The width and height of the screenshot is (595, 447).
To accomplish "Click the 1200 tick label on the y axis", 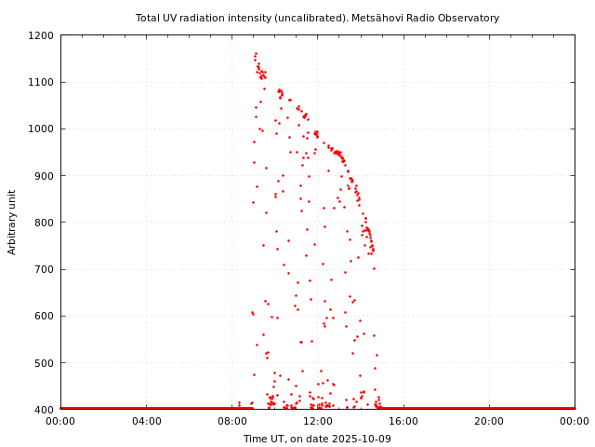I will click(42, 35).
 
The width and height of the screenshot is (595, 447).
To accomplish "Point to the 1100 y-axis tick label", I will click(42, 82).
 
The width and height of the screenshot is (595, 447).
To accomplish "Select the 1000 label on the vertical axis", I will click(42, 129).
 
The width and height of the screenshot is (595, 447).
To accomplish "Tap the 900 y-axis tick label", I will click(45, 176).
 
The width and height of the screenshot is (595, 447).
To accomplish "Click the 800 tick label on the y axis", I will click(45, 223).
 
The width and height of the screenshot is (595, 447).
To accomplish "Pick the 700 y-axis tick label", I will click(45, 269).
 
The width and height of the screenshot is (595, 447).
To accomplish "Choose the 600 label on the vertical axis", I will click(45, 316).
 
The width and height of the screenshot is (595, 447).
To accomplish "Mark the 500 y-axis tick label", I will click(45, 362).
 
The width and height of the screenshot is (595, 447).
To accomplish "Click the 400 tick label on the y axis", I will click(45, 409).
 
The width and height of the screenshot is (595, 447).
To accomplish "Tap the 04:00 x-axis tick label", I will click(146, 422).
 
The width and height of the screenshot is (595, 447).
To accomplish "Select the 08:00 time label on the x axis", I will click(231, 422).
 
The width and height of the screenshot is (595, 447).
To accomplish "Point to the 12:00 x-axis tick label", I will click(317, 422).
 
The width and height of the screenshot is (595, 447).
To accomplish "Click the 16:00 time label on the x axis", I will click(403, 422).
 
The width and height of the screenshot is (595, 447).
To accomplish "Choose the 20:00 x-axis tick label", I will click(489, 422).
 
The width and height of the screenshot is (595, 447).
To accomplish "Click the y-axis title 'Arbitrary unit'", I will click(12, 222).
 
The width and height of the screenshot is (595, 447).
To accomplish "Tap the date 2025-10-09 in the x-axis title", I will click(362, 439).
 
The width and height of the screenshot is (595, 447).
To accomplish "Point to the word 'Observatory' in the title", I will click(469, 18).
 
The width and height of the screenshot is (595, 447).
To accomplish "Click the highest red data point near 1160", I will click(256, 54).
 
